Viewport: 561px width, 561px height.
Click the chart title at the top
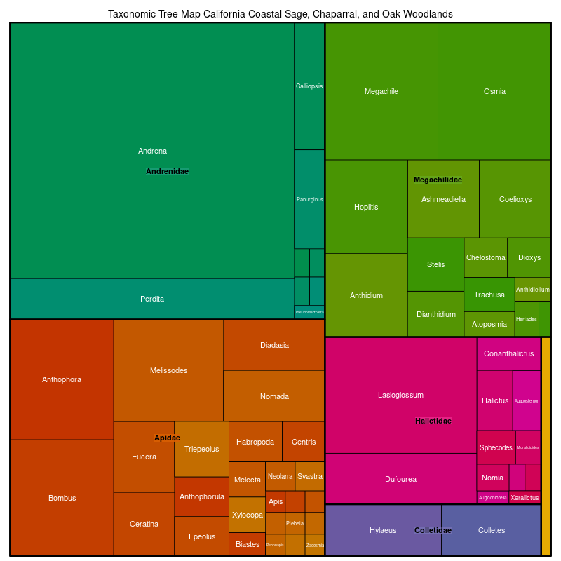tap(280, 14)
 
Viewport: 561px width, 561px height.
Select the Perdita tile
tap(152, 299)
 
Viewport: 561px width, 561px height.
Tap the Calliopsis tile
tap(309, 86)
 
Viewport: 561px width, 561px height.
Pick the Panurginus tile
tap(309, 199)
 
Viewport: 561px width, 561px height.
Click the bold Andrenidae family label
tap(167, 171)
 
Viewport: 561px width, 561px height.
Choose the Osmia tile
tap(494, 91)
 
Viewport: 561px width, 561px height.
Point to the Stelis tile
tap(435, 264)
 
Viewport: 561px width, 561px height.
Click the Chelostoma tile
tap(485, 257)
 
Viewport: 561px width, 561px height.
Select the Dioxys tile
tap(529, 257)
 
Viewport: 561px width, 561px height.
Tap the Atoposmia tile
tap(489, 324)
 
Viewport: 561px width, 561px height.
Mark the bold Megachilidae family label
tap(438, 180)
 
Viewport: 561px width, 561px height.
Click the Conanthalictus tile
tap(509, 353)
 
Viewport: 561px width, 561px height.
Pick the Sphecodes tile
tap(496, 447)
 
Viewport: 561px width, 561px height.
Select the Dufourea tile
tap(401, 479)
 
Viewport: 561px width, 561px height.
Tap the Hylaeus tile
tap(383, 530)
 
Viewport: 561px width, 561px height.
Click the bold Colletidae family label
tap(433, 530)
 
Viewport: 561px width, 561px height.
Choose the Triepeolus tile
tap(201, 449)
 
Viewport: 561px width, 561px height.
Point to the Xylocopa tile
tap(247, 515)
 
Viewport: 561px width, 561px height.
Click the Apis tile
tap(276, 501)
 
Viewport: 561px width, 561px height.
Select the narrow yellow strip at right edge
tap(546, 446)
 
